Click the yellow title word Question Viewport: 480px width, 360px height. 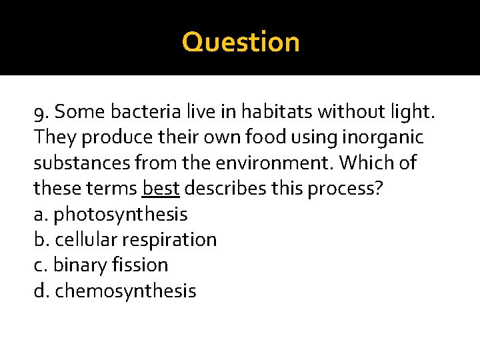(241, 42)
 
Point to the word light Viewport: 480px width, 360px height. (410, 112)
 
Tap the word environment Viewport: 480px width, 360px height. (293, 163)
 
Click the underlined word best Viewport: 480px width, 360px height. (161, 189)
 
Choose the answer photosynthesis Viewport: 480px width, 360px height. (120, 215)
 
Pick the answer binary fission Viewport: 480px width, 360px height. (110, 265)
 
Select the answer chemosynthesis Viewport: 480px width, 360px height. (125, 291)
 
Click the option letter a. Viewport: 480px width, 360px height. (39, 215)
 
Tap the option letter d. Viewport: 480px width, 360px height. (40, 291)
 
